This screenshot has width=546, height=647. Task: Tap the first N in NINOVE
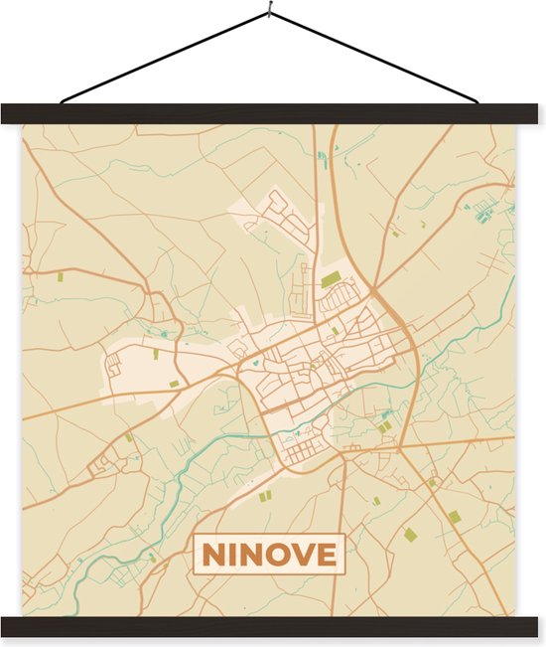pos(213,554)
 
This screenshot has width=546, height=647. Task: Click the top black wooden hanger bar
pos(273,113)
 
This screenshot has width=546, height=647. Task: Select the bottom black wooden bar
pos(273,626)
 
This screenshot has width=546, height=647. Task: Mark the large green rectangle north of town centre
pos(330,279)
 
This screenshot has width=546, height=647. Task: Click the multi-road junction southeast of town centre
pos(400,450)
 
